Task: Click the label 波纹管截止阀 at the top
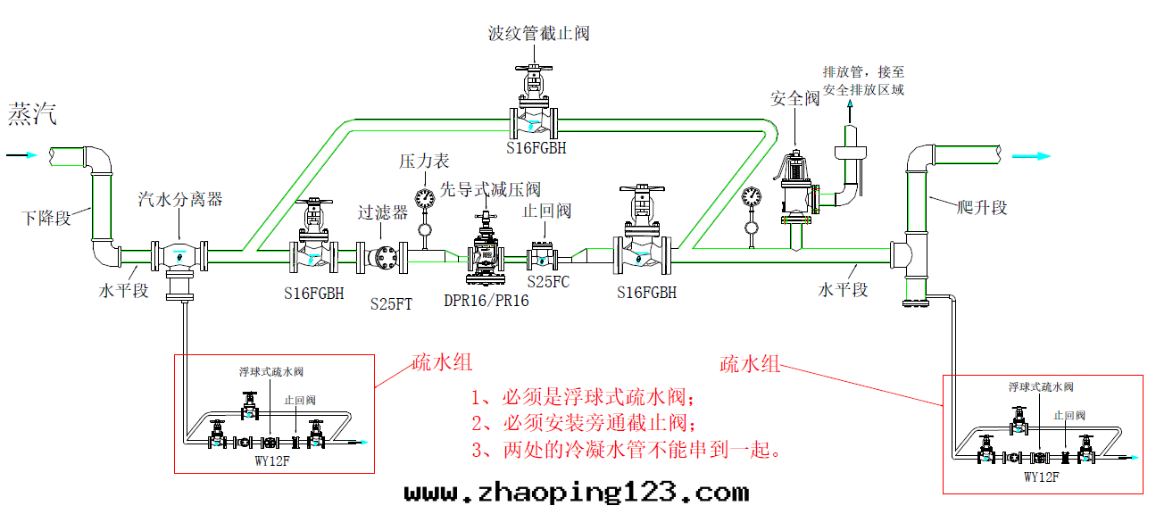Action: point(538,34)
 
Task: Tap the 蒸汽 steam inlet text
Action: point(33,113)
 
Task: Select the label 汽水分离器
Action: point(179,199)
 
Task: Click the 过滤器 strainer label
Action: point(382,212)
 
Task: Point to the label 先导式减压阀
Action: point(491,189)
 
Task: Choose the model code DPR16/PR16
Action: point(486,301)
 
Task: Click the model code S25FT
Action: point(391,303)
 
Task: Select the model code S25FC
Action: point(548,281)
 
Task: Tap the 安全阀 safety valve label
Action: point(794,98)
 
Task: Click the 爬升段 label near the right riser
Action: point(981,208)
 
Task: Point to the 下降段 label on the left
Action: point(46,217)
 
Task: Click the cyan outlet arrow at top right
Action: point(1030,157)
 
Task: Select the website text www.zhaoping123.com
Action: point(576,492)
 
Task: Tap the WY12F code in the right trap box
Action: point(1041,477)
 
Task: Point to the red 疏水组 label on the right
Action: point(750,364)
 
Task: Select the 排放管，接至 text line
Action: point(862,73)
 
